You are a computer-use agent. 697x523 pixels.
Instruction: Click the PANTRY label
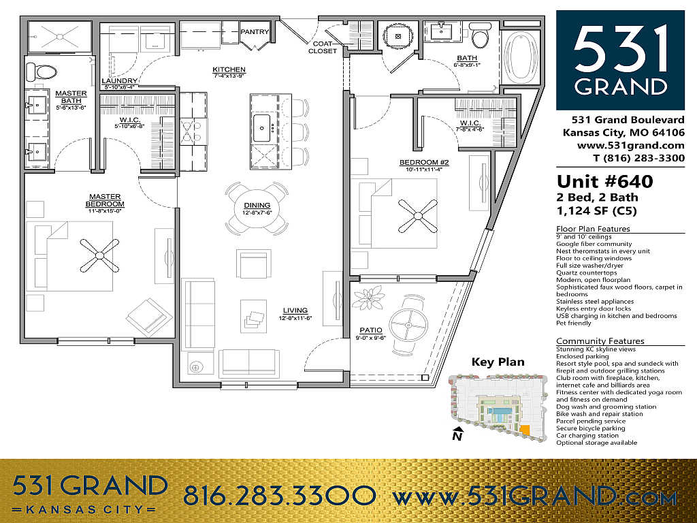(255, 31)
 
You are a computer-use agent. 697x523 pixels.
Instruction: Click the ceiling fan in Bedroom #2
(417, 216)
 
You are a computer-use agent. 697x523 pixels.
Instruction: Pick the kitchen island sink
(261, 129)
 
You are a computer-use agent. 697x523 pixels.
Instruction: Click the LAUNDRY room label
(120, 81)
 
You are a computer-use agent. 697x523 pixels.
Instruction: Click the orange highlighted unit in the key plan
(525, 430)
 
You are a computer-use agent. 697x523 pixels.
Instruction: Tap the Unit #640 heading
(605, 181)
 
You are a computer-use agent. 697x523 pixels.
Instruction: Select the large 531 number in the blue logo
(621, 49)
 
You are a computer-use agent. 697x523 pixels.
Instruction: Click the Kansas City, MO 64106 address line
(623, 133)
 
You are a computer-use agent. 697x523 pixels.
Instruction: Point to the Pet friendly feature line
(573, 323)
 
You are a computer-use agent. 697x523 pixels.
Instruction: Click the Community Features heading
(600, 341)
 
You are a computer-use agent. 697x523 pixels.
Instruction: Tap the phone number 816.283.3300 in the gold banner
(280, 496)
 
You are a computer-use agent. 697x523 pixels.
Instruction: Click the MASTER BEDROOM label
(105, 200)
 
